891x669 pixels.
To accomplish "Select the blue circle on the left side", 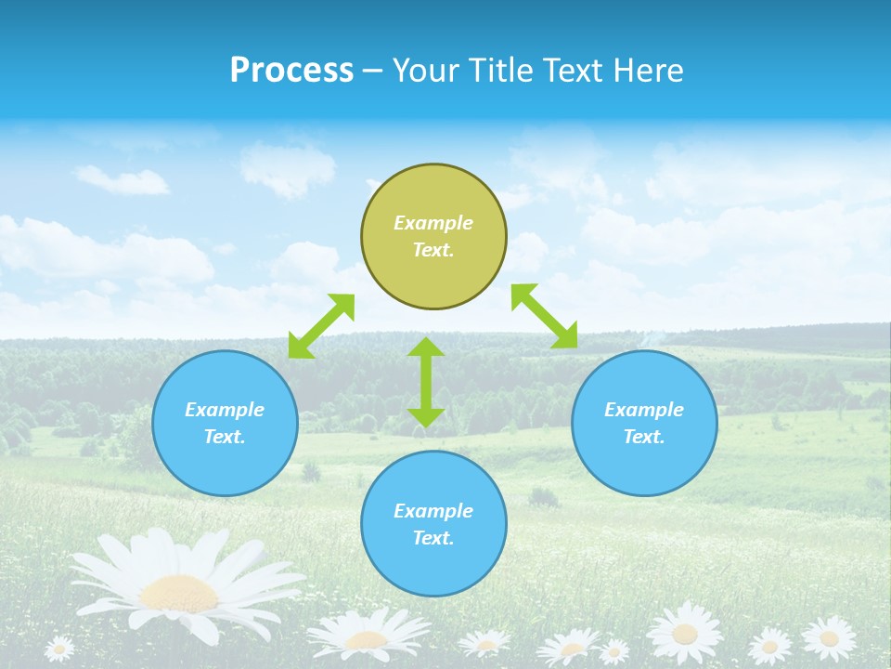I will (x=225, y=423).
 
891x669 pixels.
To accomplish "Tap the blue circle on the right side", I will (x=644, y=423).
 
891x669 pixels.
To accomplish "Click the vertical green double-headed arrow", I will (x=426, y=382).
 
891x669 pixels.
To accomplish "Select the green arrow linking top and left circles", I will (x=321, y=326).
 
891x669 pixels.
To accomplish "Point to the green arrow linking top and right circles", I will (x=544, y=316).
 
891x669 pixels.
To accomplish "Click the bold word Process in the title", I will (x=291, y=70).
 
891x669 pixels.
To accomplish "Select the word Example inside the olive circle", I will (x=433, y=223).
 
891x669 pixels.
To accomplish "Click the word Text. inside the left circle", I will (x=225, y=437).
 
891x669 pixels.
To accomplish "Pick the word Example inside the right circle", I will (x=644, y=410).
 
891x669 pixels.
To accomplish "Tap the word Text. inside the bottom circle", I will (x=433, y=538).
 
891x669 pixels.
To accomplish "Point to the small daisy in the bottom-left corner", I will (x=59, y=648).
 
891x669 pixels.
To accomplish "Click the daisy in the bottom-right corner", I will (x=829, y=638).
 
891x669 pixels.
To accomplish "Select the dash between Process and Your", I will (x=373, y=71).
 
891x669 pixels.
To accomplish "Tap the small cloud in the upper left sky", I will (x=121, y=179).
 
